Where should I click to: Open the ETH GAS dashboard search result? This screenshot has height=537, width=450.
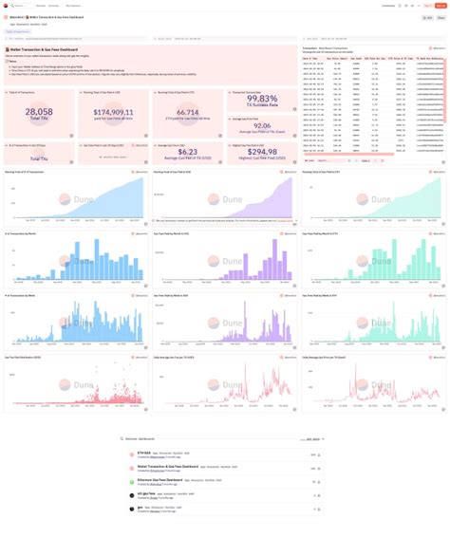(147, 454)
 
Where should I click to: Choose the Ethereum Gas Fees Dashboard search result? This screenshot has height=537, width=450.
(158, 480)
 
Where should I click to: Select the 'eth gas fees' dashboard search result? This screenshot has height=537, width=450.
(148, 493)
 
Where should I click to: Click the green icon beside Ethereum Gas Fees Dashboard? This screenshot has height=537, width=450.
(131, 481)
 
